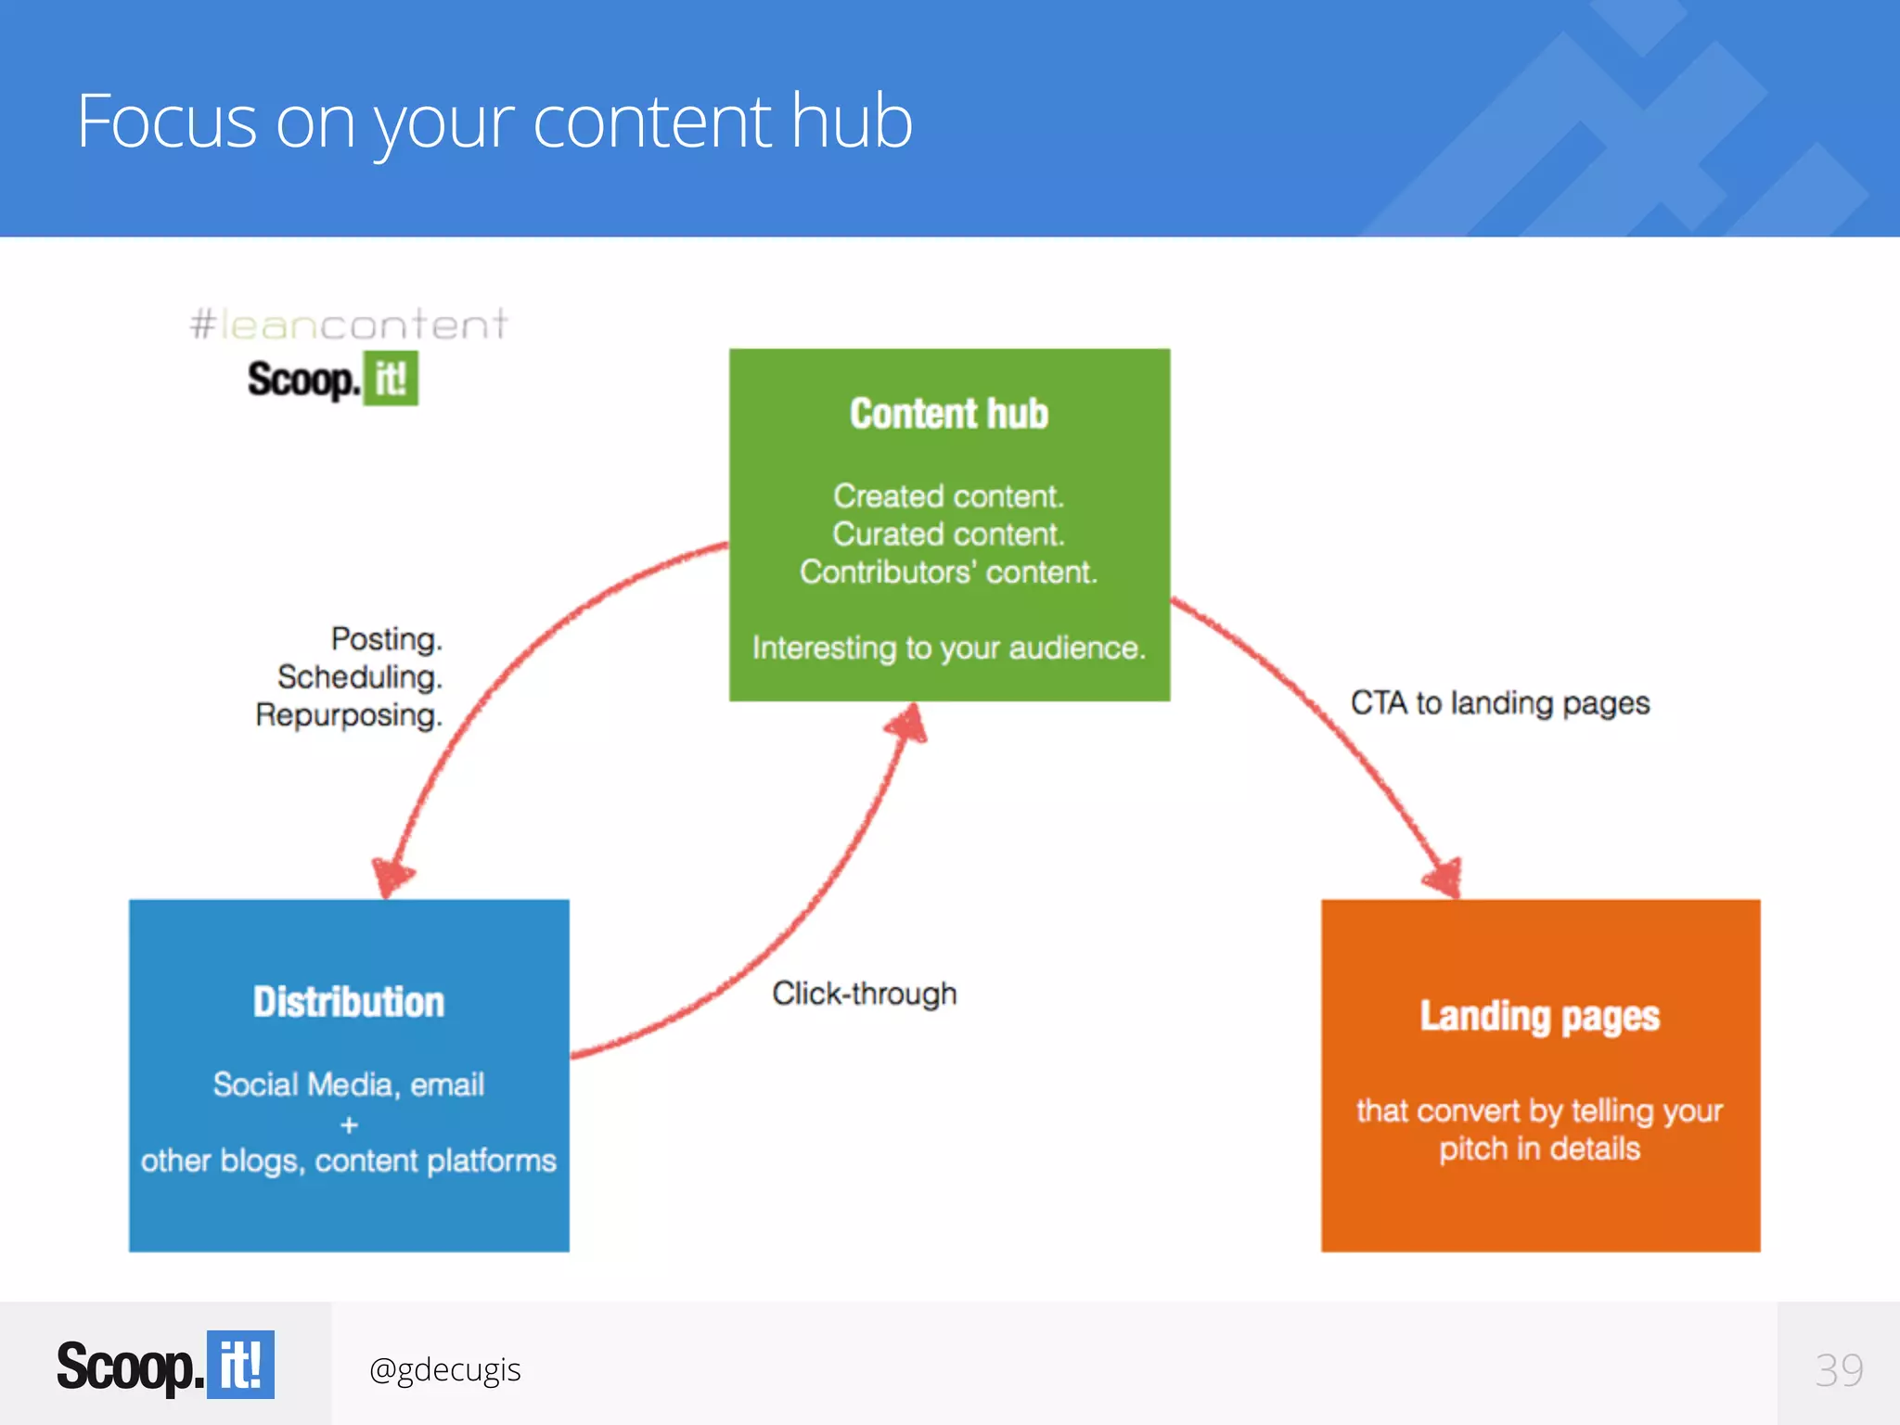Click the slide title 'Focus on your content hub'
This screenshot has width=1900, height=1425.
(x=494, y=122)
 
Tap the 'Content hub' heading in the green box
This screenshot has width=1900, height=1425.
(x=949, y=414)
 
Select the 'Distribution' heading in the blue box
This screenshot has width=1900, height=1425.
(x=349, y=1003)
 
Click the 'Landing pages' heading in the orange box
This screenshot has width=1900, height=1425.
(x=1540, y=1017)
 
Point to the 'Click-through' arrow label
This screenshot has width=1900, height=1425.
(x=864, y=994)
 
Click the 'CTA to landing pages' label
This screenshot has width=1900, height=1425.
(x=1500, y=703)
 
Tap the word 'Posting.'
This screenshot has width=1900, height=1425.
(x=387, y=639)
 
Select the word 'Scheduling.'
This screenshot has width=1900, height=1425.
(x=360, y=677)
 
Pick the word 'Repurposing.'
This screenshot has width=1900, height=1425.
(x=349, y=715)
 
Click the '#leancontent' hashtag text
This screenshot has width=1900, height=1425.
(x=349, y=325)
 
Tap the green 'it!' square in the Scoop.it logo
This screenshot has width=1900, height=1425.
(x=391, y=379)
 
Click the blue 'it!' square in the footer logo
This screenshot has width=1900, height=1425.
(x=240, y=1365)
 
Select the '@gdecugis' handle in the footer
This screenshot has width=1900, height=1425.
(x=444, y=1369)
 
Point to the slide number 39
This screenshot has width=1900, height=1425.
(x=1839, y=1370)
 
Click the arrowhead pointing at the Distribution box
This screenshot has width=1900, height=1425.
(x=392, y=875)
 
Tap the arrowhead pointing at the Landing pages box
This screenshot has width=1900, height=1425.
(x=1444, y=876)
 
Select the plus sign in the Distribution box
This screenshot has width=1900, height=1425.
(x=349, y=1125)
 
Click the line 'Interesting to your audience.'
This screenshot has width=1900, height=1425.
(x=949, y=648)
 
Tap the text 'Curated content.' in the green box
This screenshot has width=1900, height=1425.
(x=948, y=534)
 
